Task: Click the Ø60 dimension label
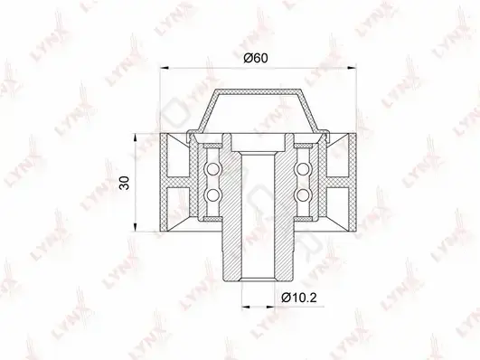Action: tap(256, 58)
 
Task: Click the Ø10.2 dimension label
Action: tap(299, 297)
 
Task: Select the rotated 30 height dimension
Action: tap(126, 183)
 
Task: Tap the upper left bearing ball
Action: tap(212, 169)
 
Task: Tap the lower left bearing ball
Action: tap(212, 195)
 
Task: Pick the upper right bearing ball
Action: tap(303, 169)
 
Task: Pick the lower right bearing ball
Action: tap(303, 195)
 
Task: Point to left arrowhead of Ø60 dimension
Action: tap(165, 68)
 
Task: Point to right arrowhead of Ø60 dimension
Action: tap(352, 68)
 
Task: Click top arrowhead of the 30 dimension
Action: tap(135, 138)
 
